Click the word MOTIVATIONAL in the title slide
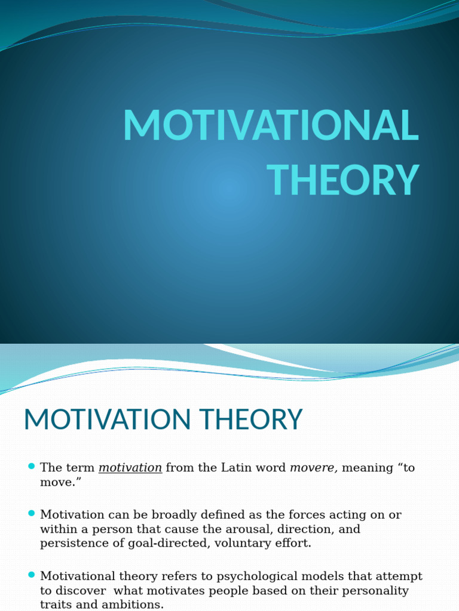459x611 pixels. (270, 125)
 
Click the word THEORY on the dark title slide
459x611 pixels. (342, 180)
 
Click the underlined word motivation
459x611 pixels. (130, 468)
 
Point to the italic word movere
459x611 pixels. (313, 468)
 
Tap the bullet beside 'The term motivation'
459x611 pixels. (32, 466)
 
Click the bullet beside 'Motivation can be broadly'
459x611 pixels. (32, 513)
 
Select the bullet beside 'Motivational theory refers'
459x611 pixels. (32, 575)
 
